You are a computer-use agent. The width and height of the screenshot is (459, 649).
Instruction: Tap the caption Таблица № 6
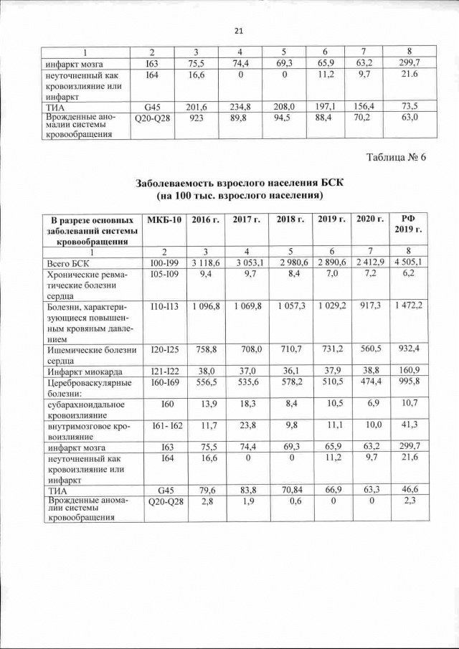point(396,158)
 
